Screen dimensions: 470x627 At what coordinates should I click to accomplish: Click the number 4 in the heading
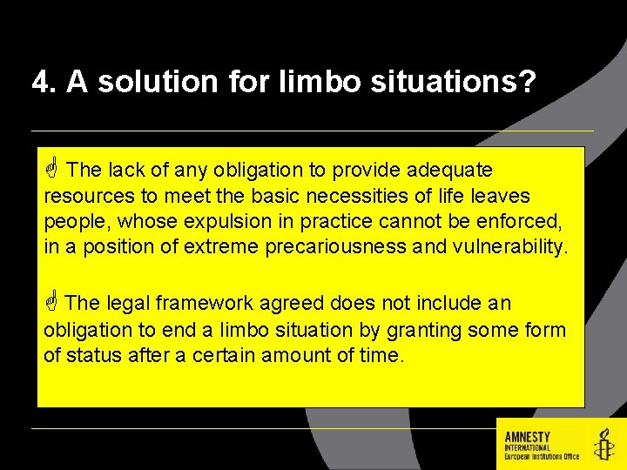click(x=41, y=83)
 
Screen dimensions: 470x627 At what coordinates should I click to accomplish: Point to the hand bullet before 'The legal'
click(x=51, y=302)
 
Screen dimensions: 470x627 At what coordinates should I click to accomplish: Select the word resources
click(x=84, y=196)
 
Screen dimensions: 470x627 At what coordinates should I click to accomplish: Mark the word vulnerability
click(x=509, y=246)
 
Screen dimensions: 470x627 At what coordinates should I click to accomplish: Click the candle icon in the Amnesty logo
click(x=603, y=445)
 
